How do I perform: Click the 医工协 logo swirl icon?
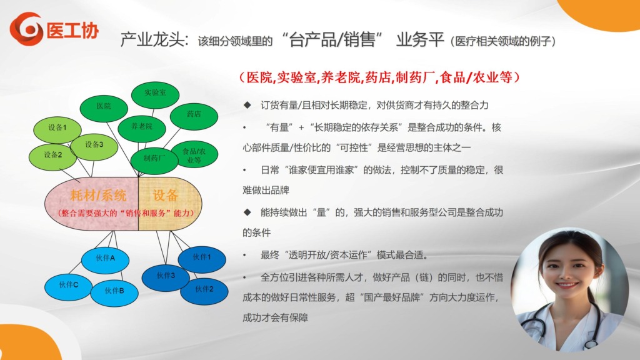pos(26,29)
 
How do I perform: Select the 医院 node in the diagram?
pos(104,107)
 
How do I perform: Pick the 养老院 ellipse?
pos(142,127)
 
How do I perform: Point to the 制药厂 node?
pos(154,159)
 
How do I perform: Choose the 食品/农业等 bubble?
pos(194,155)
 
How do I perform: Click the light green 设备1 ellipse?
pos(57,129)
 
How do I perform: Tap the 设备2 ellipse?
pos(52,157)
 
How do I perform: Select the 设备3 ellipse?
pos(94,146)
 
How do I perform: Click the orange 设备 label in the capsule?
pos(165,196)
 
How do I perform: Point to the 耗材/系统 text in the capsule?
pos(98,196)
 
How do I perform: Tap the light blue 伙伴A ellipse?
pos(105,259)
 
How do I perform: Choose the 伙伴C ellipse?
pos(69,286)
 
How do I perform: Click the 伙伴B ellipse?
pos(114,292)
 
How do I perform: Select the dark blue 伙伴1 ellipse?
pos(202,259)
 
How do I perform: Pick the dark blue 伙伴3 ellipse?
pos(166,277)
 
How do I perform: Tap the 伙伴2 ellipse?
pos(204,291)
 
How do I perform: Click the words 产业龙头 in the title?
pos(155,40)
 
